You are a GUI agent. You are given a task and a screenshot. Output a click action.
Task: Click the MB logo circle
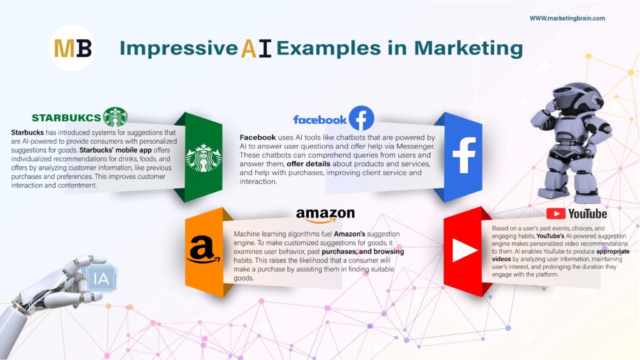pos(72,47)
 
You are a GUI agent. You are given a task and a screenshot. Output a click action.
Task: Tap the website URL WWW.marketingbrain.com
pos(567,18)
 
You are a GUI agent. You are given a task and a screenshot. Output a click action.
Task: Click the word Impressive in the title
pos(179,49)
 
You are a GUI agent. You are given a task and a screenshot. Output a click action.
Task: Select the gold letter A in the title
pos(249,48)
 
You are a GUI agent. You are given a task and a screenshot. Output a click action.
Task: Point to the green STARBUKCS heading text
pos(66,118)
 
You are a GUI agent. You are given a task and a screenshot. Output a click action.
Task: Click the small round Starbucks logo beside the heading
pos(115,117)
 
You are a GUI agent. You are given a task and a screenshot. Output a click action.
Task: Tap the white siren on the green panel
pos(204,157)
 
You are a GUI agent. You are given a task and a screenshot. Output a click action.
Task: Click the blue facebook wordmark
pos(319,120)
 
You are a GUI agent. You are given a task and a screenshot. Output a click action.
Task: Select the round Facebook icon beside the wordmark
pos(361,118)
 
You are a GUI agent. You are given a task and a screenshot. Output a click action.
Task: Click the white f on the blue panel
pos(464,155)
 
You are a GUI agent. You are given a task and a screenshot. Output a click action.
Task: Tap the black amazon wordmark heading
pos(325,216)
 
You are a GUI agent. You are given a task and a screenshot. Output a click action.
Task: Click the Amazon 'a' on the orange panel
pos(203,250)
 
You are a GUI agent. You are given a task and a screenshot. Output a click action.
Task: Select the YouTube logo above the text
pos(577,214)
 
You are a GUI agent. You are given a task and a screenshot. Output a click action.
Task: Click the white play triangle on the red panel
pos(464,250)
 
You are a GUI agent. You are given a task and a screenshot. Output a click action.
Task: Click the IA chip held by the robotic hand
pos(101,278)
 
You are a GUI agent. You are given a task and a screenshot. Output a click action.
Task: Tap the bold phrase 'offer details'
pos(308,164)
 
